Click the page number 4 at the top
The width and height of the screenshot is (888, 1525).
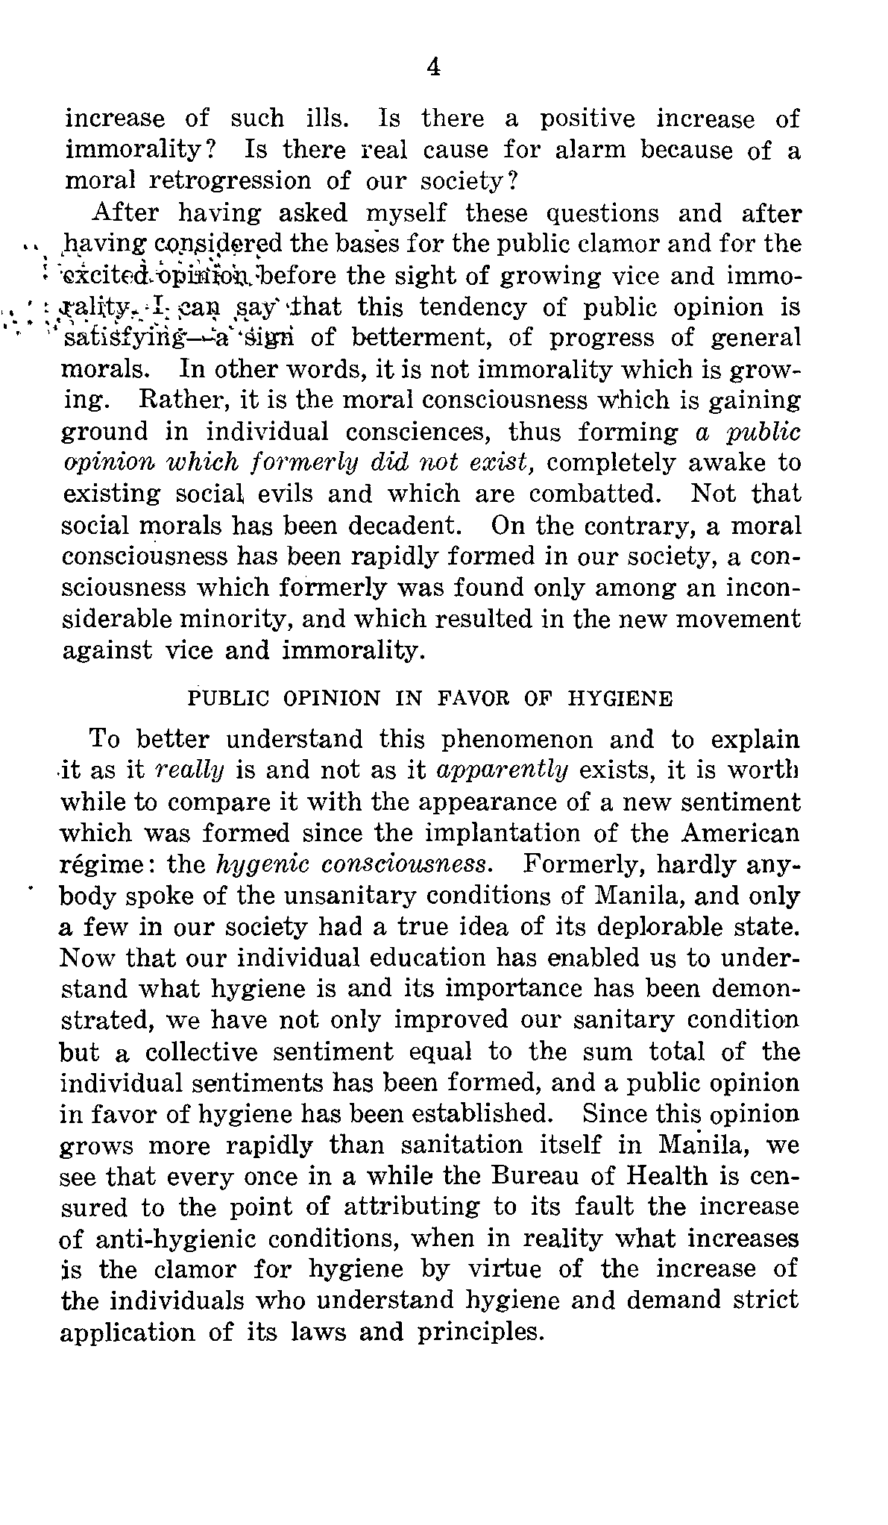433,68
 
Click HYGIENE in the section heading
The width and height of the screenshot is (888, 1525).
620,699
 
